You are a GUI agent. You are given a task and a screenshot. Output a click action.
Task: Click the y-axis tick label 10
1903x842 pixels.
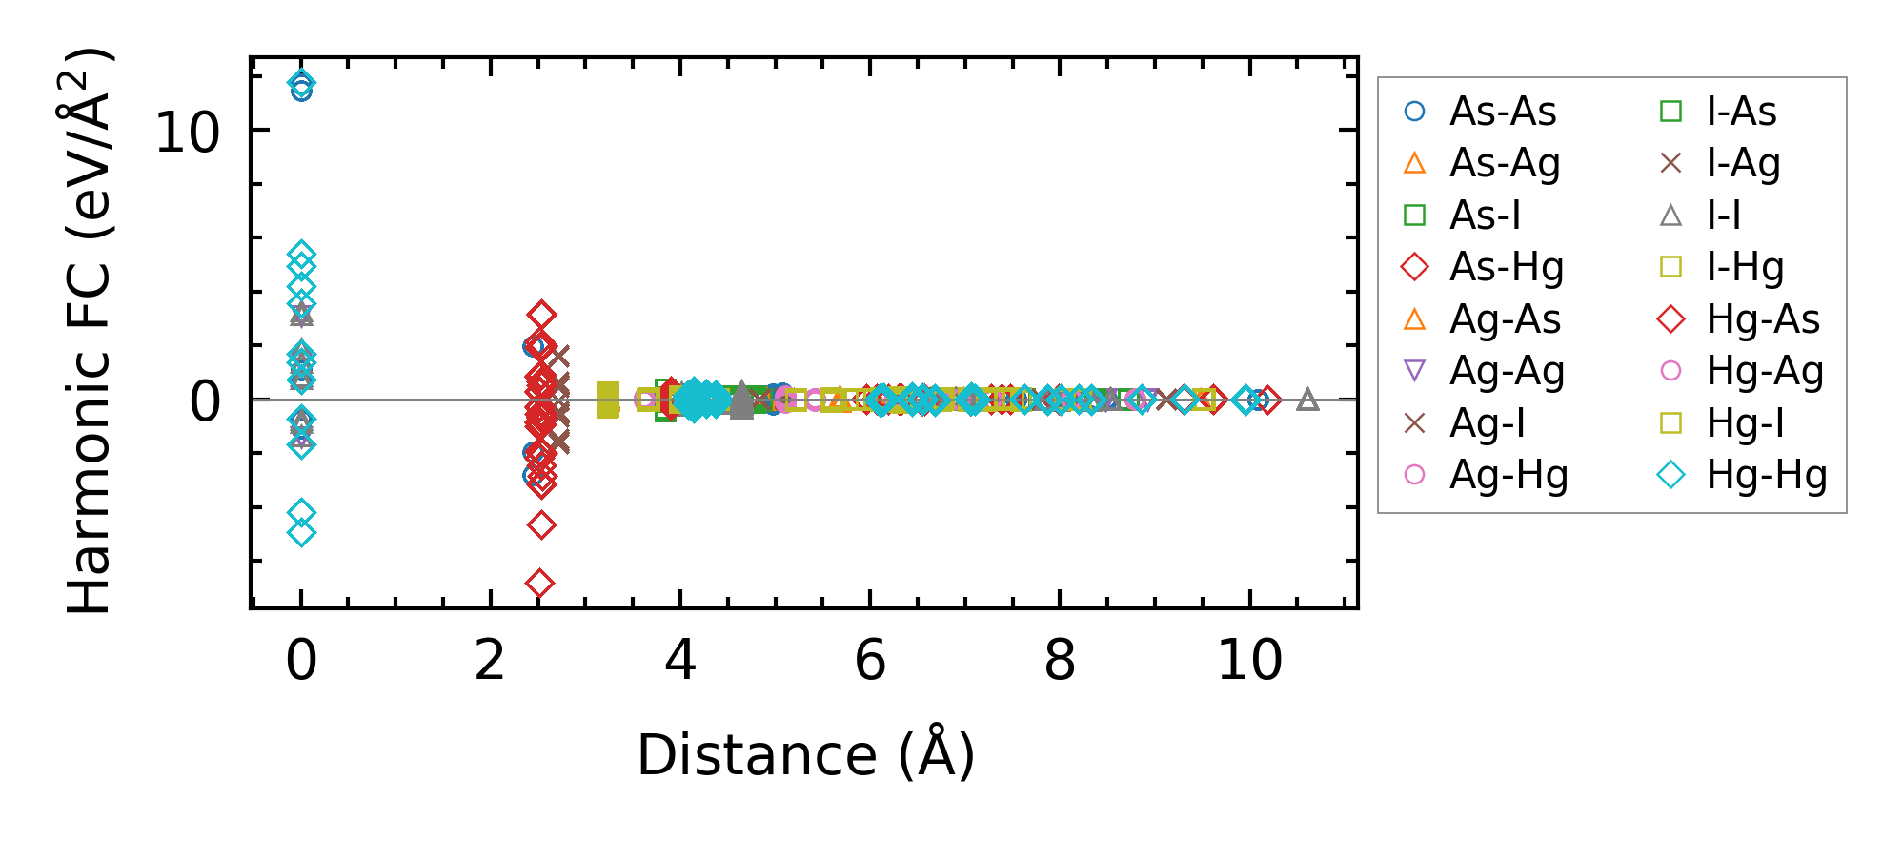(187, 132)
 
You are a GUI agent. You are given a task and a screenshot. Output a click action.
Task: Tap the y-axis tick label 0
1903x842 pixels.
(205, 401)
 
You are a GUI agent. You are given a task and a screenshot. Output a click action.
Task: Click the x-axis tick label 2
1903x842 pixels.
(490, 660)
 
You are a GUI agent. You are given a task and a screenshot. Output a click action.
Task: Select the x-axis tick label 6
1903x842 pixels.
(870, 660)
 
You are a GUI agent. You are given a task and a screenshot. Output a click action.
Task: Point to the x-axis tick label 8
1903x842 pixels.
(1060, 660)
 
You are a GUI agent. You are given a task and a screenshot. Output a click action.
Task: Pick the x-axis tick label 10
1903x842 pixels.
(1249, 660)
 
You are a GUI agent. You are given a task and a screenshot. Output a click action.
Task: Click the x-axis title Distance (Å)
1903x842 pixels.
(805, 755)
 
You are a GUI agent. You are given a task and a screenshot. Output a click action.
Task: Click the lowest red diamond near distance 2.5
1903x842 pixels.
(540, 583)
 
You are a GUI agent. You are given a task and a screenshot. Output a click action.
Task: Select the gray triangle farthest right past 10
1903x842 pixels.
(1307, 400)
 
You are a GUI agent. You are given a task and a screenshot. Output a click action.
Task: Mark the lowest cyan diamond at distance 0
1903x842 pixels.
(301, 533)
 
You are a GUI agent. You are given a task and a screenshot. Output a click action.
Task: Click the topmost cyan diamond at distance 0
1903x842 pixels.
(301, 82)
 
